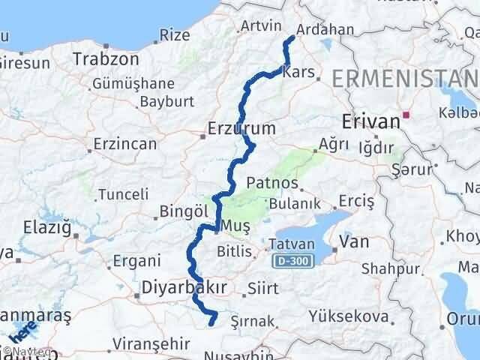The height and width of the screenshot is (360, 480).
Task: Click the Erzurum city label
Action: [x=244, y=129]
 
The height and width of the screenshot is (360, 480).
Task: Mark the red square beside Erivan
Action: [x=406, y=115]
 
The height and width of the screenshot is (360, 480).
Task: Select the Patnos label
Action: [x=274, y=184]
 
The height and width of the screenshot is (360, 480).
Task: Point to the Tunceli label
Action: [x=124, y=194]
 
